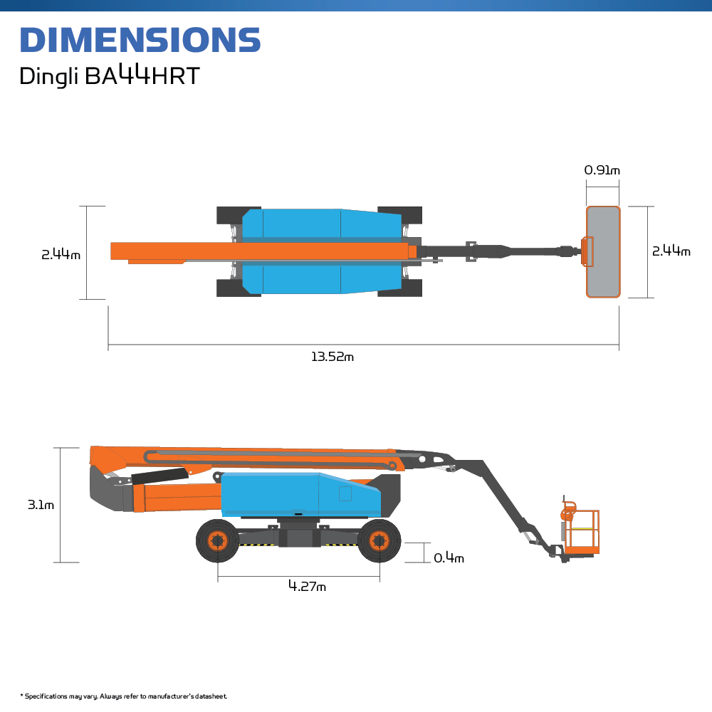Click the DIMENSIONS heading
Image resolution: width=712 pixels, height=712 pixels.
tap(140, 39)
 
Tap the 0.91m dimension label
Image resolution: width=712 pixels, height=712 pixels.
tap(602, 170)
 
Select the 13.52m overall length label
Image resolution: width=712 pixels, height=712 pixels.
tap(332, 357)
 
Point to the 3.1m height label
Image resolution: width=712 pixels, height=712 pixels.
tap(41, 505)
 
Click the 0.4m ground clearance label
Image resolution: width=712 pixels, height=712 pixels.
tap(449, 558)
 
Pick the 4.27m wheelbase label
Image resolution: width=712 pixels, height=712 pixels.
tap(307, 586)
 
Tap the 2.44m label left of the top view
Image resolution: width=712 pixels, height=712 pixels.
tap(61, 255)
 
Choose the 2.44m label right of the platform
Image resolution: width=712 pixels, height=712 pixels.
tap(671, 251)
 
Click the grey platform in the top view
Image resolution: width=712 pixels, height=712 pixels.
tap(603, 252)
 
